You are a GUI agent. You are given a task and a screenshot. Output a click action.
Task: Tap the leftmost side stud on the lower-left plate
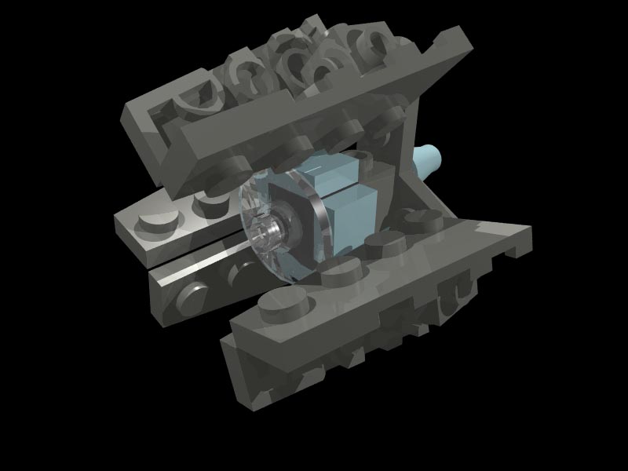coord(189,295)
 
